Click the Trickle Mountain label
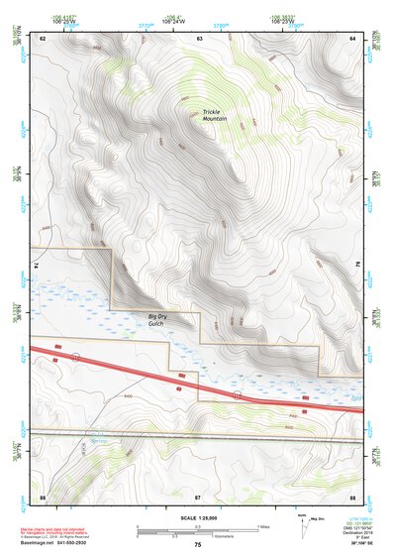point(215,115)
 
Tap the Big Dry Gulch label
point(148,318)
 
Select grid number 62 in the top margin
point(44,38)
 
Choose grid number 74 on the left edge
point(38,267)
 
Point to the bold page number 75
point(197,545)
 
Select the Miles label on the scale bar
point(263,525)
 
